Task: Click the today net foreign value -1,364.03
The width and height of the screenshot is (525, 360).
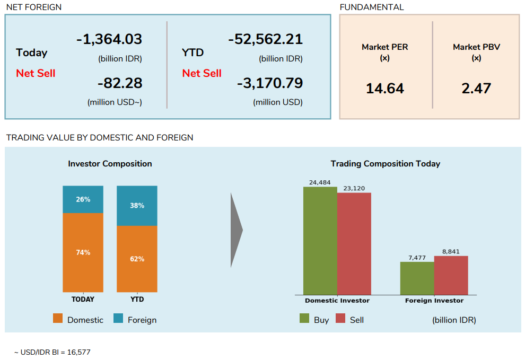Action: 109,39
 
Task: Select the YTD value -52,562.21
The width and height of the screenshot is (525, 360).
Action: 265,39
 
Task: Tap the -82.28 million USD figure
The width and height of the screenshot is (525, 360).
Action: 120,83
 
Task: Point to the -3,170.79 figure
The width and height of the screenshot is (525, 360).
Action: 269,83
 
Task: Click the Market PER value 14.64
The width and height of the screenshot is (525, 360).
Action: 385,89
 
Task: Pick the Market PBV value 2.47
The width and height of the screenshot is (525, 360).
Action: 476,89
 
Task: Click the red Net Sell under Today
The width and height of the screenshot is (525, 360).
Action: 36,73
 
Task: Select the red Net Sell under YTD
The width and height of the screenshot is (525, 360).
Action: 202,73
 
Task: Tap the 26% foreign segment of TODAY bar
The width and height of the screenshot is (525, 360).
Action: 83,199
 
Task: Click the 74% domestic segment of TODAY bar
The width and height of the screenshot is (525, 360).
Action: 83,252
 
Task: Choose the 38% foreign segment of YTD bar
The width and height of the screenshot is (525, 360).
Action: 137,206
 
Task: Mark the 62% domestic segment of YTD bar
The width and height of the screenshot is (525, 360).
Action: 137,259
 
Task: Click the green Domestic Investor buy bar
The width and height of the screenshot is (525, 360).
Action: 320,241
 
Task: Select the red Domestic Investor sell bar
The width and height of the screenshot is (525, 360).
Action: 354,244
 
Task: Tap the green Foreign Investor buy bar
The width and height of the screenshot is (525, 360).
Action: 417,278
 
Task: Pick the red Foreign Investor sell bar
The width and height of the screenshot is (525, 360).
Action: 451,275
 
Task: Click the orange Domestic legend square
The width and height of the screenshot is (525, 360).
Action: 58,319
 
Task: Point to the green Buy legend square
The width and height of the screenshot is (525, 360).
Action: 304,319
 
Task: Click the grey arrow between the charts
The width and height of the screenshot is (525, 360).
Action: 236,230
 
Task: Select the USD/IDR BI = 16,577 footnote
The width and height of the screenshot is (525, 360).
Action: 49,352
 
